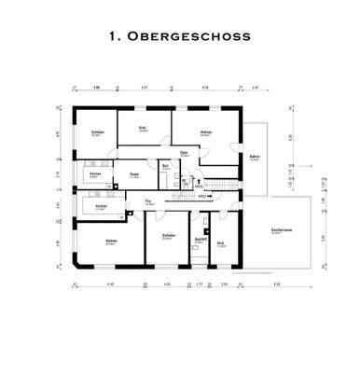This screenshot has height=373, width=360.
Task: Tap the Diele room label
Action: point(185,153)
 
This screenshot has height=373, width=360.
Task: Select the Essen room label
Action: point(133,173)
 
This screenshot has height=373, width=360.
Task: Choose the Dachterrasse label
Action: point(277,229)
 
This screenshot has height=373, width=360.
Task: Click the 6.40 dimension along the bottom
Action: point(109,283)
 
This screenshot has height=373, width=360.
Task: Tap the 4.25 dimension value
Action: point(167,283)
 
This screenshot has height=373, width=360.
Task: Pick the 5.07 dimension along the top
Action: point(145,87)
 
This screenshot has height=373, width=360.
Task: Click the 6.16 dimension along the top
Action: point(204,87)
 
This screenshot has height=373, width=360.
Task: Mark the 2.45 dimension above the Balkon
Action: point(253,87)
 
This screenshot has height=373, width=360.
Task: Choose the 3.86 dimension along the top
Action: point(96,87)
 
